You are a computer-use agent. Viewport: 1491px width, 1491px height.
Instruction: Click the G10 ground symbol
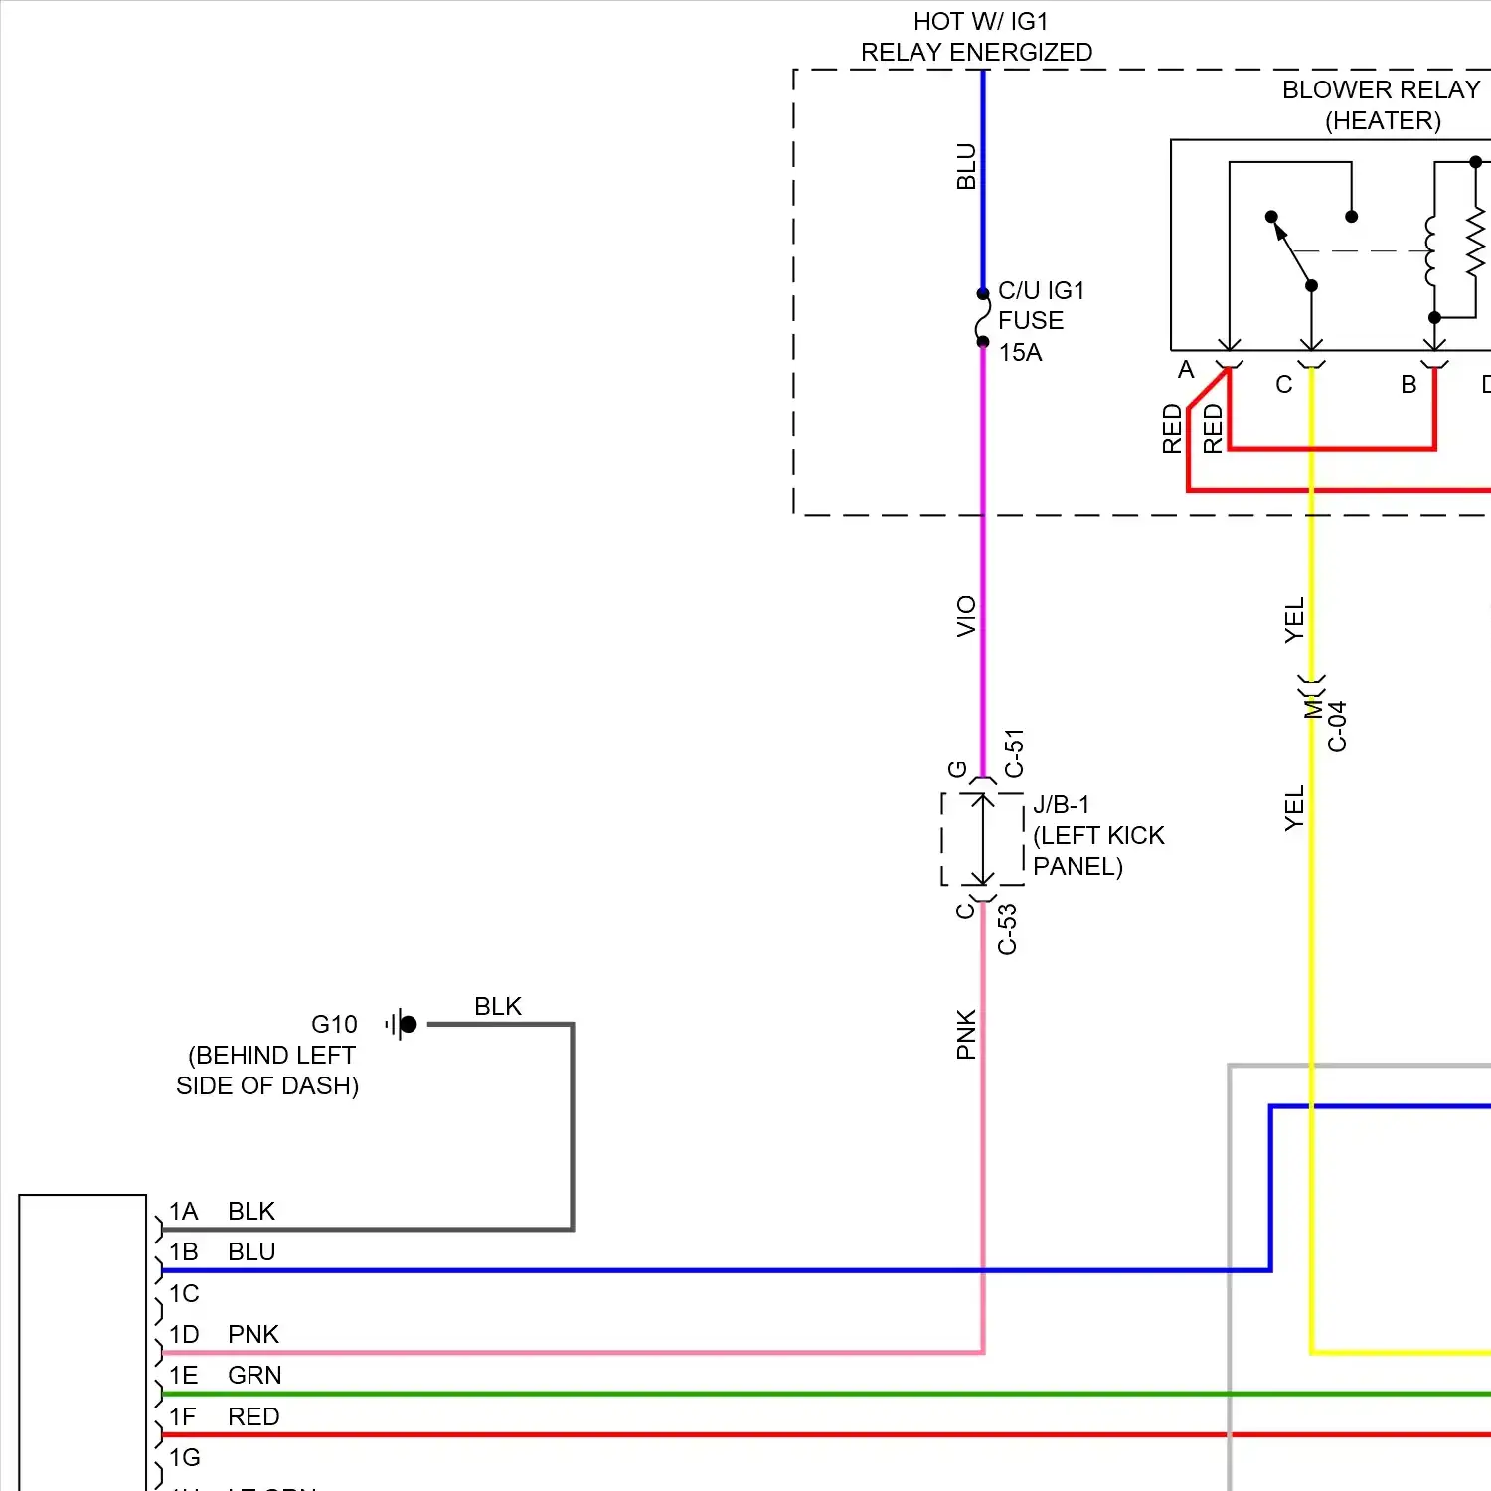click(x=402, y=1024)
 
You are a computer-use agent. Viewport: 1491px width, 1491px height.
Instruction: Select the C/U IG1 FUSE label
click(x=1040, y=306)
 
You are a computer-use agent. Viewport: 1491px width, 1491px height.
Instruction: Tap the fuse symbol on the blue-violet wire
click(x=983, y=318)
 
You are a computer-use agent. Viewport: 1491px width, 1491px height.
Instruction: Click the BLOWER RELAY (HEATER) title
click(x=1382, y=104)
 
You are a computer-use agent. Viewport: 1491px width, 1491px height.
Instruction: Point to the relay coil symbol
click(x=1430, y=251)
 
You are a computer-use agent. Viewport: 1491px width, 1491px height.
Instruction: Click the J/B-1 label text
click(x=1061, y=804)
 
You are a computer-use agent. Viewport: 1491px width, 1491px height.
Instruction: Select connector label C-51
click(x=1014, y=752)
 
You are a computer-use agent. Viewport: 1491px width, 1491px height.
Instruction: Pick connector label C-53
click(x=1008, y=929)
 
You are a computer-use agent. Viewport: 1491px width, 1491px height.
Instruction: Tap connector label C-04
click(x=1338, y=727)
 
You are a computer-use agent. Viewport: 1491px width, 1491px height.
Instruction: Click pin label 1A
click(x=184, y=1211)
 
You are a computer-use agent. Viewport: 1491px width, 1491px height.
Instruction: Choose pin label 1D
click(x=184, y=1334)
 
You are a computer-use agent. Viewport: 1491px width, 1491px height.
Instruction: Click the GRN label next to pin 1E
click(x=254, y=1375)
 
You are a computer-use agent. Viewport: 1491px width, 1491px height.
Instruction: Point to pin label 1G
click(x=185, y=1457)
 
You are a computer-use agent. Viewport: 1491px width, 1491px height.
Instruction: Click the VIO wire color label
click(x=966, y=616)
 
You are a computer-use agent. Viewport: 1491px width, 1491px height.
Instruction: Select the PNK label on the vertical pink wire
click(x=966, y=1034)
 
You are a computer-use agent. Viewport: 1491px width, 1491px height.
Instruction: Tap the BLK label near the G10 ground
click(x=497, y=1006)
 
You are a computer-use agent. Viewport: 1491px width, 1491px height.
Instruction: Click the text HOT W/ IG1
click(x=980, y=21)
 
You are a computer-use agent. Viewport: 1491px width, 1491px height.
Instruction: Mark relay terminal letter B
click(x=1408, y=384)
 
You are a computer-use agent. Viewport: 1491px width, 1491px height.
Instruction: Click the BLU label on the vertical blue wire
click(x=966, y=166)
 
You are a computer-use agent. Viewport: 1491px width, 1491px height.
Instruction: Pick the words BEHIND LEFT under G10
click(x=271, y=1055)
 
